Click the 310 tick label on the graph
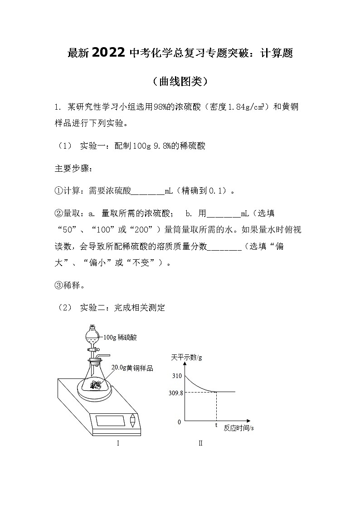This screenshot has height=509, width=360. [x=176, y=376]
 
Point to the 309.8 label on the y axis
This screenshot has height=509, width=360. [x=175, y=393]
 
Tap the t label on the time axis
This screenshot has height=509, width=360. [x=216, y=425]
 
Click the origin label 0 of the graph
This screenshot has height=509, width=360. [x=179, y=422]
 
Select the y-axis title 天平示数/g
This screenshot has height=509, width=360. [x=186, y=357]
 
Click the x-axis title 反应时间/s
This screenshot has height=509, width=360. [x=238, y=428]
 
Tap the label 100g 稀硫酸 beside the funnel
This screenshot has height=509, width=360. [x=120, y=337]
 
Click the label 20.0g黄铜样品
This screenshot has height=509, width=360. [x=132, y=368]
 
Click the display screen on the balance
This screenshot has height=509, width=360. [x=111, y=420]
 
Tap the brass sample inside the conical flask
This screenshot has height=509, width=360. [x=95, y=385]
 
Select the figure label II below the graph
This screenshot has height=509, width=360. [x=200, y=443]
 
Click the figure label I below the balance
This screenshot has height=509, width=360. [x=118, y=443]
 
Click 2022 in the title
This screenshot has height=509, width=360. [x=108, y=53]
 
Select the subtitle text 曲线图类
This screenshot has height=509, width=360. [x=180, y=81]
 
